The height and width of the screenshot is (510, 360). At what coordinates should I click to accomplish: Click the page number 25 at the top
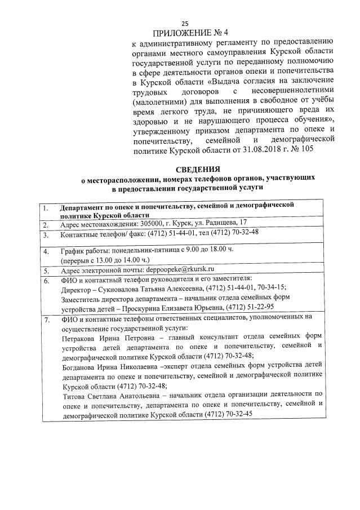coord(184,23)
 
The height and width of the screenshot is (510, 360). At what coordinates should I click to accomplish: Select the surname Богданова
coord(80,365)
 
